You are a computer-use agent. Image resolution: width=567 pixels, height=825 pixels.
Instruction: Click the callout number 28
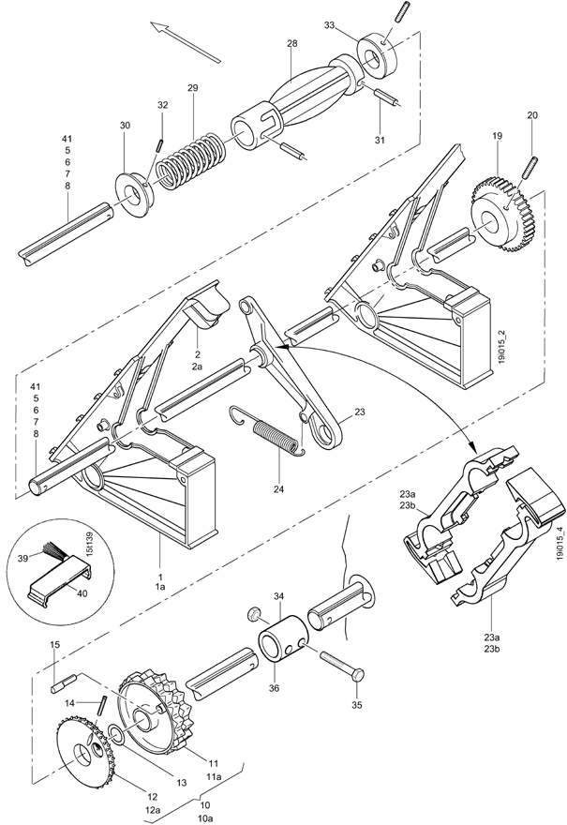pos(291,44)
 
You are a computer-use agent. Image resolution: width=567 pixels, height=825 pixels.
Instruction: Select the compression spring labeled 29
pos(192,160)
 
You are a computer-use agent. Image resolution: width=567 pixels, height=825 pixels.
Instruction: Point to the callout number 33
pos(329,25)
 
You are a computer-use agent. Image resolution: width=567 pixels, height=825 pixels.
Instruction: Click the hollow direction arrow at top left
pos(186,42)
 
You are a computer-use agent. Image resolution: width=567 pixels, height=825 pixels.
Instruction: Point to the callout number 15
pos(55,645)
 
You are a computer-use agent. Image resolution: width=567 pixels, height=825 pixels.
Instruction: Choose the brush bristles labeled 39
pos(53,551)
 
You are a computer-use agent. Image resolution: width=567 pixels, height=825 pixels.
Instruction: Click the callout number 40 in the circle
pos(82,593)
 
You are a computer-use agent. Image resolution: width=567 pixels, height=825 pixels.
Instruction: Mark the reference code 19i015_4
pos(560,544)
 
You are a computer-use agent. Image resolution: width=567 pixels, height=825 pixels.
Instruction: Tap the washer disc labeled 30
pos(134,193)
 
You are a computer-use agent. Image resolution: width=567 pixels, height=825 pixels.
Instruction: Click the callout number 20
pos(533,115)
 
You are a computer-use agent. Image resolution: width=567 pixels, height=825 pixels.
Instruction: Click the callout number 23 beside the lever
pos(360,412)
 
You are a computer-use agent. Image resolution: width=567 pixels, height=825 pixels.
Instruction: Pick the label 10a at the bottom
pos(205,818)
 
